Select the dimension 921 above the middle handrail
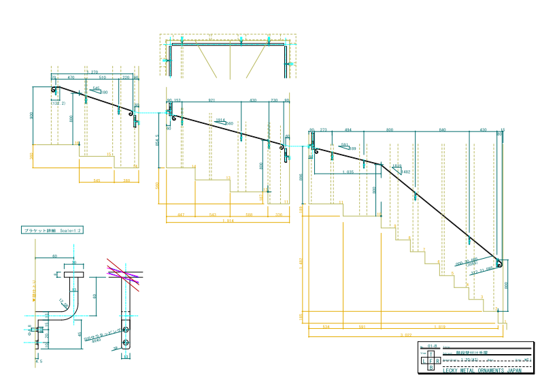[x=212, y=100]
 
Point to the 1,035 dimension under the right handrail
[x=348, y=172]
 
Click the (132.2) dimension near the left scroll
[x=58, y=104]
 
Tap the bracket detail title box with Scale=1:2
[x=52, y=232]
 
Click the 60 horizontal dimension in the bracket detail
[x=54, y=257]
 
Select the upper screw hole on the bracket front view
[x=125, y=328]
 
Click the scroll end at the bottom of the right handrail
[x=499, y=264]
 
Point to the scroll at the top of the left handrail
[x=54, y=90]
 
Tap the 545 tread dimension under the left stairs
[x=97, y=180]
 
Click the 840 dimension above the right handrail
[x=442, y=129]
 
